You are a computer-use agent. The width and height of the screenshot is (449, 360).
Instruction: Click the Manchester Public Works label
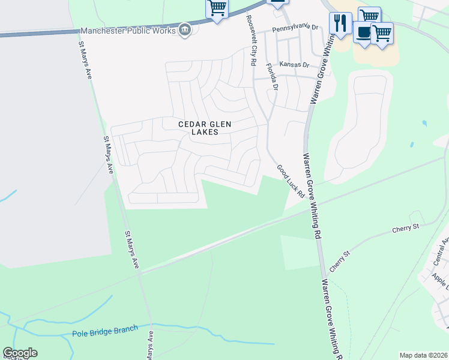(x=128, y=31)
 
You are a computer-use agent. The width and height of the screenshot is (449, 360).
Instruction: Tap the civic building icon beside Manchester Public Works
(x=185, y=31)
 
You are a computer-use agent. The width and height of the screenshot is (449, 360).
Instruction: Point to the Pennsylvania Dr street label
(x=295, y=28)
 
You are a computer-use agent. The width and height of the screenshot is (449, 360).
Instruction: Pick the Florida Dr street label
(x=272, y=77)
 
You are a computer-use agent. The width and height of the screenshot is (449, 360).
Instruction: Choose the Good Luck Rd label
(x=291, y=181)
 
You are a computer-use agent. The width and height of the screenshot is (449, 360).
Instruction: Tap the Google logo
(x=20, y=353)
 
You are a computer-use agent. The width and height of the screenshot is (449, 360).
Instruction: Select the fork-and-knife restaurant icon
(x=340, y=23)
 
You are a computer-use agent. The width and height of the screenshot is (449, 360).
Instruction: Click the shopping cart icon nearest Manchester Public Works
(x=217, y=8)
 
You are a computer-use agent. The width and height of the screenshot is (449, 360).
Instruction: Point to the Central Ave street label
(x=440, y=251)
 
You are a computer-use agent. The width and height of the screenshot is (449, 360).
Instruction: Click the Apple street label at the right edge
(x=440, y=280)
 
